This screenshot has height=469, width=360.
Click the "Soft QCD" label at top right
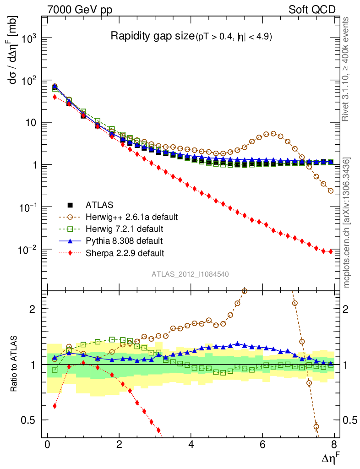[312, 10]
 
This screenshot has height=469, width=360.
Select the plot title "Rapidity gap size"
[152, 36]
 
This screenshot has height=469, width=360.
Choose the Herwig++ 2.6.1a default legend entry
[131, 216]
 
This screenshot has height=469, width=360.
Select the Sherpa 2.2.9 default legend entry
[125, 252]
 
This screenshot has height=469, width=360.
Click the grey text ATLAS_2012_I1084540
[190, 274]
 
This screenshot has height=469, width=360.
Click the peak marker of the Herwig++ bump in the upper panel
[273, 134]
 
